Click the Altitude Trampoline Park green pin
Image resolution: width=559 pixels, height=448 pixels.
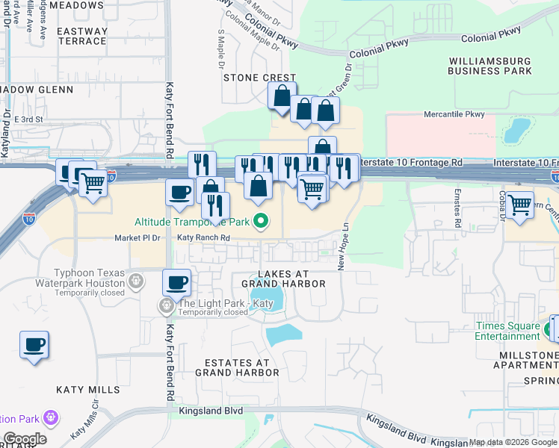[261, 221]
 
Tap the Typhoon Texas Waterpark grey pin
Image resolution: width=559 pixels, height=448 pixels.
[135, 281]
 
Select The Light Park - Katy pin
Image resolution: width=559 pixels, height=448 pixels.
[167, 305]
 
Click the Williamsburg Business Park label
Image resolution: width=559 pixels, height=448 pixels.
[489, 66]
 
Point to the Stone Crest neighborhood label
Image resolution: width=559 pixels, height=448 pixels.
[259, 78]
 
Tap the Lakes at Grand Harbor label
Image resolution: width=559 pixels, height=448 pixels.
[282, 279]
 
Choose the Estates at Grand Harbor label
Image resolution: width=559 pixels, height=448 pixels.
[237, 367]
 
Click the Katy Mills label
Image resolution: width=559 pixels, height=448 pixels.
[87, 390]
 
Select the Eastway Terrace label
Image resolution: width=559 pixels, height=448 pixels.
[81, 36]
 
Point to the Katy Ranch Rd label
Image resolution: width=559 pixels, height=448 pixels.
[203, 238]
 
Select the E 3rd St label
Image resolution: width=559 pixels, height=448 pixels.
[29, 119]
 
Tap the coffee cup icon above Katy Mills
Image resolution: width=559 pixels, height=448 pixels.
[34, 344]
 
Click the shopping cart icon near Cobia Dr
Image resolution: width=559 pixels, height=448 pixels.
[519, 203]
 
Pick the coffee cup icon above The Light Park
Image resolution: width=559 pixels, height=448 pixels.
[177, 282]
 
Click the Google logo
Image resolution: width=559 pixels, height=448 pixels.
[24, 439]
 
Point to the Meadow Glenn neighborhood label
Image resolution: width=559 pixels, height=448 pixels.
[38, 90]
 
